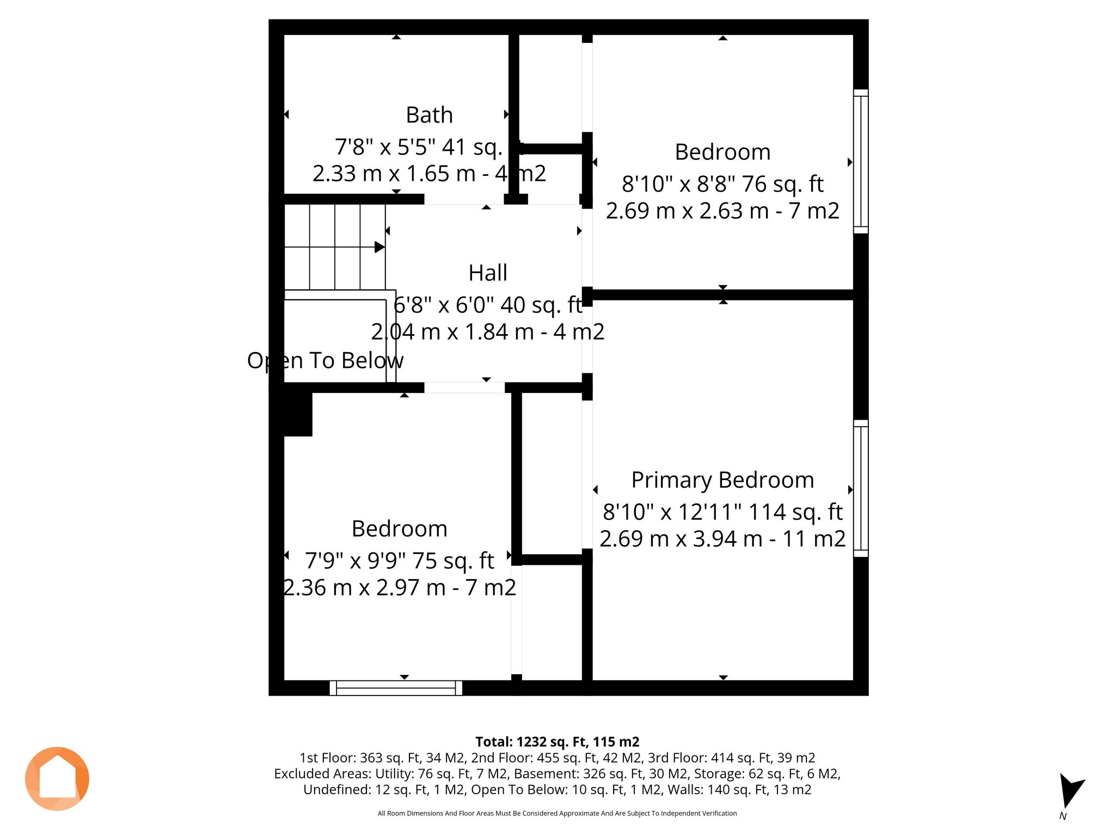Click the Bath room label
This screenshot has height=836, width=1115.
429,115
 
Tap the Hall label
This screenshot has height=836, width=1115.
488,273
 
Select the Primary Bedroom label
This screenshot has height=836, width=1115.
722,480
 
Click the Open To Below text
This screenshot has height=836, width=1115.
326,360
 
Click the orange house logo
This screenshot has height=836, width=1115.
57,779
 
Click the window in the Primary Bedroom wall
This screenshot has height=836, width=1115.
861,488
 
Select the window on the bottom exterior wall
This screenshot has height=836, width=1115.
396,688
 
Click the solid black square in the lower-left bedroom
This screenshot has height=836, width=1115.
298,414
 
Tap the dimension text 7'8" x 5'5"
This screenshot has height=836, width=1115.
385,147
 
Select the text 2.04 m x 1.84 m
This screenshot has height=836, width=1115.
452,332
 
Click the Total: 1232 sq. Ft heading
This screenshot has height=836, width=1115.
557,742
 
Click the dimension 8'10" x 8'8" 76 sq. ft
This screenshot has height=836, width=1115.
722,184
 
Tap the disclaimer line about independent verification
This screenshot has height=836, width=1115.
557,813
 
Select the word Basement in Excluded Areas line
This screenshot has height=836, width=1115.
544,773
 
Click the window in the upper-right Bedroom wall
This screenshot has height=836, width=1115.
861,161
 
